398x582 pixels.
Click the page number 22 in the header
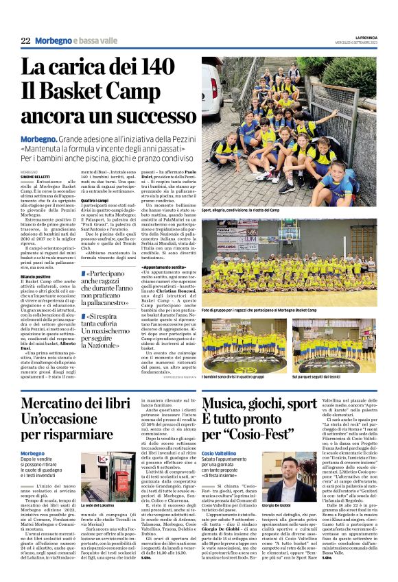tap(25, 41)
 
